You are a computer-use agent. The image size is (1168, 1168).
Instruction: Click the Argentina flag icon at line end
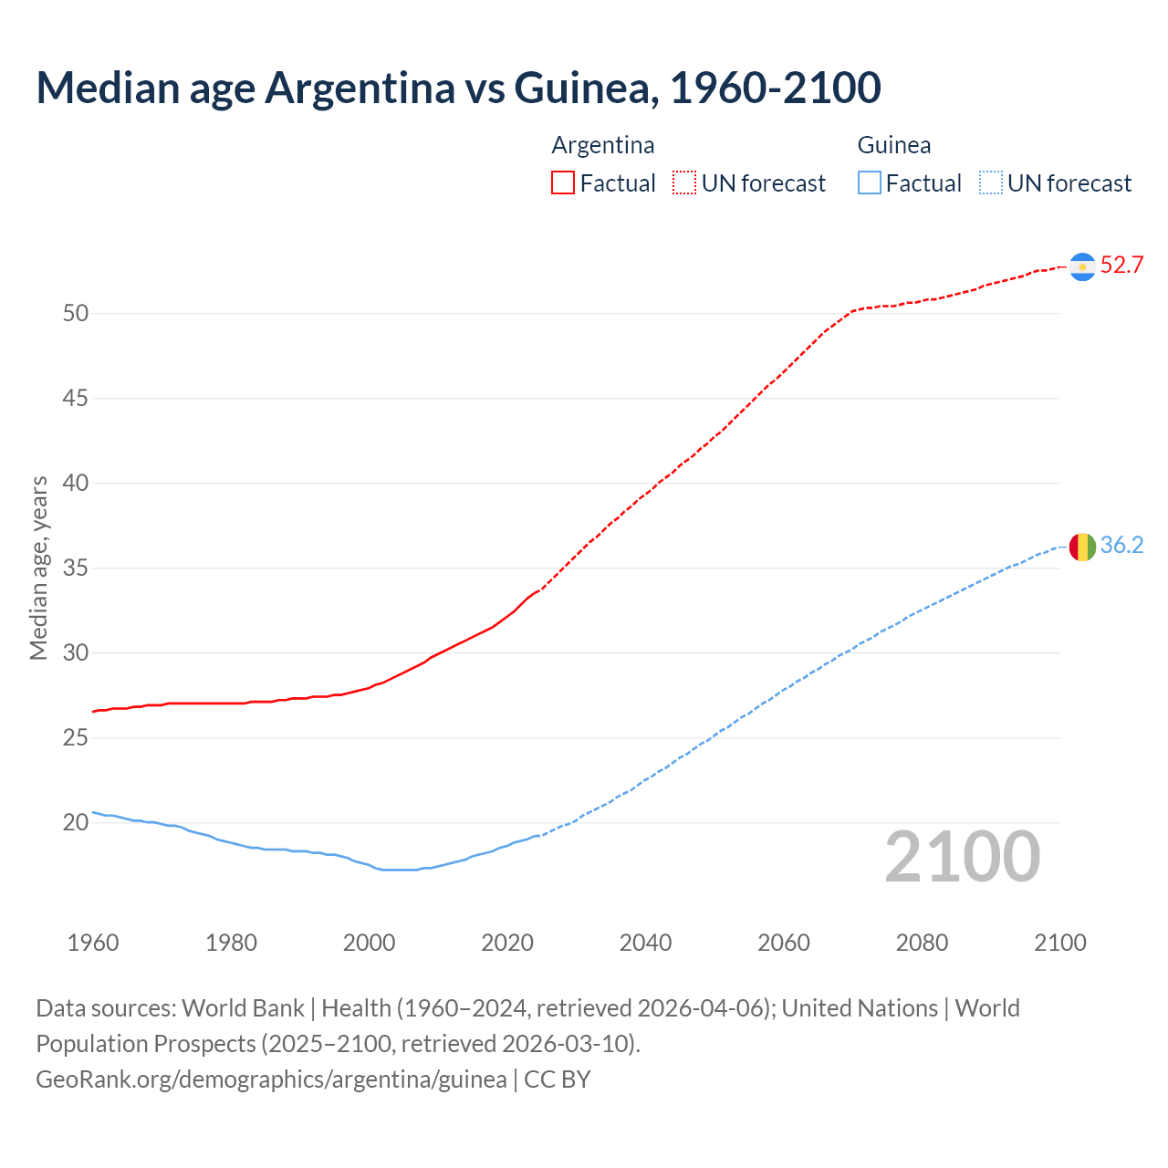[x=1082, y=266]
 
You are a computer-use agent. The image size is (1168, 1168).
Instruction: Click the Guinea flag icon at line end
[x=1082, y=547]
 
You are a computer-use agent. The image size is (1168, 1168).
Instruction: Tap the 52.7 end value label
[x=1121, y=266]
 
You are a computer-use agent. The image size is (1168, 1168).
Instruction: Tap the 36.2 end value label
[x=1121, y=546]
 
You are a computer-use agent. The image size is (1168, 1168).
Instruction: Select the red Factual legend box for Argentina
[x=563, y=182]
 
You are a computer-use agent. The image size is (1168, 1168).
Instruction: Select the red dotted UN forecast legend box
[x=684, y=182]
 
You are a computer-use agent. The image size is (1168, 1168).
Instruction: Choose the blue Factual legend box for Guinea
[x=869, y=182]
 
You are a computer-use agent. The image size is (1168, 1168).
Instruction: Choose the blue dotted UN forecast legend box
[x=990, y=182]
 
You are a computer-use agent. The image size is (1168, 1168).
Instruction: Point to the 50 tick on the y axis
[x=76, y=314]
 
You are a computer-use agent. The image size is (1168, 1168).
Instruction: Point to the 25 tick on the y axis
[x=76, y=737]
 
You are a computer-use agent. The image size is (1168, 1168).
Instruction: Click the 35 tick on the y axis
[x=76, y=568]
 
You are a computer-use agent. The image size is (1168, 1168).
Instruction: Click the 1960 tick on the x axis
[x=93, y=943]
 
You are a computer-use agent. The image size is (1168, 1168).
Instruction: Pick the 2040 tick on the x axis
[x=645, y=943]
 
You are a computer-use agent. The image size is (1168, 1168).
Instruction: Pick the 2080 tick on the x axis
[x=922, y=943]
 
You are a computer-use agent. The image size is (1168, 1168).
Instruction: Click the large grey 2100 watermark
[x=963, y=856]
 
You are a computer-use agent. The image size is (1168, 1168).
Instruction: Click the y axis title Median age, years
[x=38, y=568]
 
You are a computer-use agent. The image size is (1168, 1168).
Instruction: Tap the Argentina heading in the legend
[x=603, y=145]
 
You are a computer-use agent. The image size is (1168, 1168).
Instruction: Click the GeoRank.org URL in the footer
[x=271, y=1079]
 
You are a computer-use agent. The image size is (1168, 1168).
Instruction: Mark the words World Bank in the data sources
[x=243, y=1008]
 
